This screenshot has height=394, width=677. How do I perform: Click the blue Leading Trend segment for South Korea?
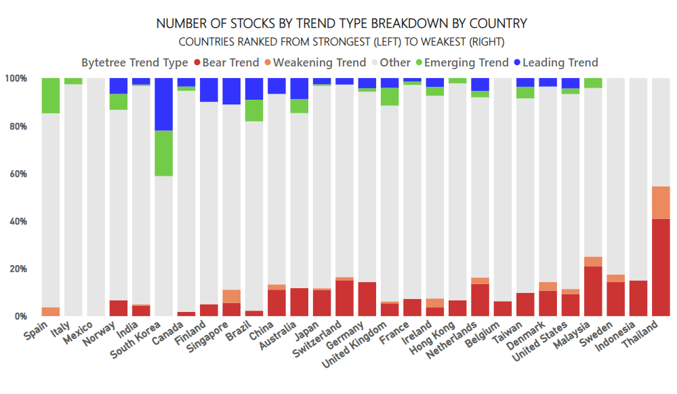[163, 104]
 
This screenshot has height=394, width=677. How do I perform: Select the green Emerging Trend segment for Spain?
[51, 96]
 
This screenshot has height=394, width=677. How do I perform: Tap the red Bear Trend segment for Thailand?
[661, 267]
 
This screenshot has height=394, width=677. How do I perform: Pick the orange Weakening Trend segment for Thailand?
[661, 203]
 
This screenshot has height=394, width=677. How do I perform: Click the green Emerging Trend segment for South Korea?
[163, 153]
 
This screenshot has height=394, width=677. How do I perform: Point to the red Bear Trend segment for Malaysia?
[593, 291]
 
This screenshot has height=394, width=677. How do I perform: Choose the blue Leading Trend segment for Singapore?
[231, 91]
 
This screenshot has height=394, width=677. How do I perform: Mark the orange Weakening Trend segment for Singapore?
[231, 296]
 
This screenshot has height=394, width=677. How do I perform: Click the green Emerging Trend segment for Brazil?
[254, 111]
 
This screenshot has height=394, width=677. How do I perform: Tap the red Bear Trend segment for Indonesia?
[638, 298]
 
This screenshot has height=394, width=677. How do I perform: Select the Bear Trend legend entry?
[226, 62]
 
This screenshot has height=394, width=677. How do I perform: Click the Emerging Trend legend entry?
[462, 62]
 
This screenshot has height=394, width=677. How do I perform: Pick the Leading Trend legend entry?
[556, 62]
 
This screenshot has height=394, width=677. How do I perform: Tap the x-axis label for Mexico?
[79, 333]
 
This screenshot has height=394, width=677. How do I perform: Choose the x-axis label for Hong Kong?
[432, 338]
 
